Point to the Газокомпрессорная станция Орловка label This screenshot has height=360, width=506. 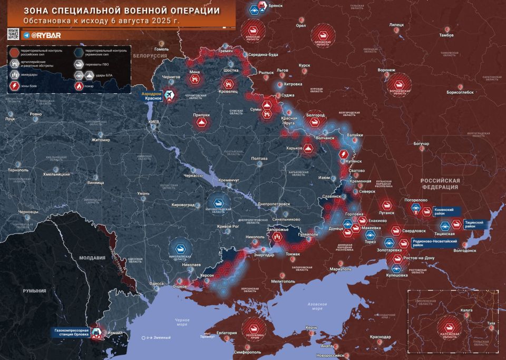point(71,333)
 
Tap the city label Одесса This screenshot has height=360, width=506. point(157,284)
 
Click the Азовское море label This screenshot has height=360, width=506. point(318,306)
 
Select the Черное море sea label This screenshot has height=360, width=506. point(182,322)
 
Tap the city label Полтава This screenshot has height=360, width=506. point(259,158)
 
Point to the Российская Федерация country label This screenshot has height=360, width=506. point(440,183)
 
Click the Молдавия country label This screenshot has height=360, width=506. point(92,258)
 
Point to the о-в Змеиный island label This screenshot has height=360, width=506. point(159,337)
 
